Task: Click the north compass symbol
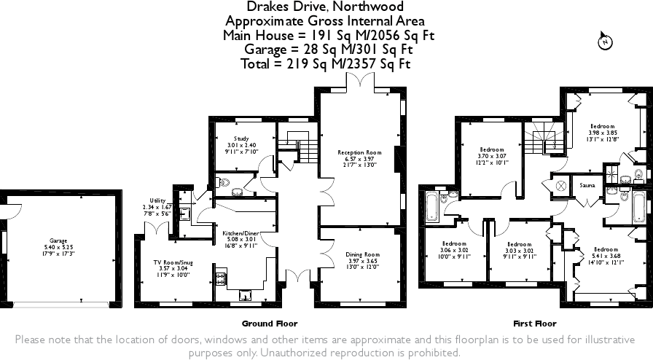point(604,42)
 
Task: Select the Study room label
point(241,138)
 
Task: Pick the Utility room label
point(158,200)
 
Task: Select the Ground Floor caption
point(270,323)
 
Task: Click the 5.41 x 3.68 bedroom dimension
point(606,256)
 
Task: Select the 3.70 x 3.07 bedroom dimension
point(492,156)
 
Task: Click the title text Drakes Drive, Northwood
point(325,7)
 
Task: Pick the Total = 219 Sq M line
point(325,64)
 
